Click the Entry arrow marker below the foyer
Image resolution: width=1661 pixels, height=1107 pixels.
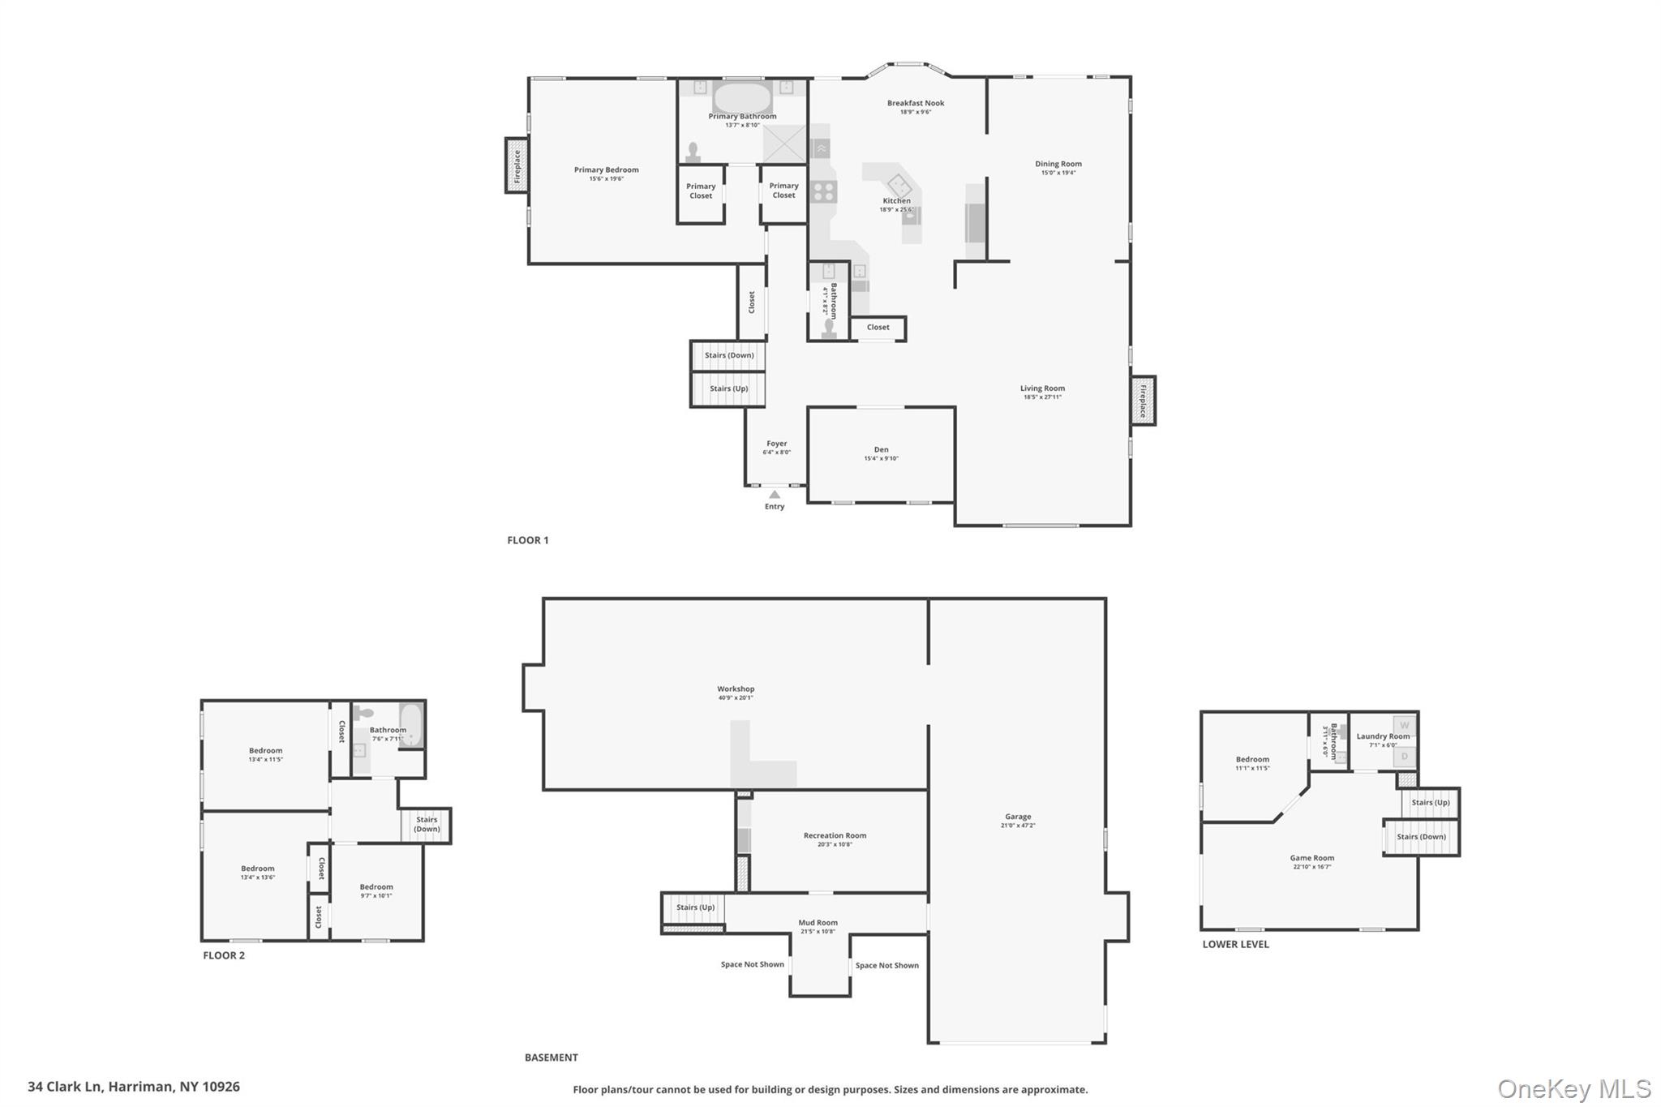point(775,495)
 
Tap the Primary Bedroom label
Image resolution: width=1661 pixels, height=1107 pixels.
point(606,170)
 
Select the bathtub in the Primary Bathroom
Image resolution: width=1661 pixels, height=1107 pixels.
point(742,97)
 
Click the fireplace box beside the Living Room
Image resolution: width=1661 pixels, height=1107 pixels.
point(1143,401)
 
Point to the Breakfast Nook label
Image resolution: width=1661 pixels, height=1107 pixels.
point(915,104)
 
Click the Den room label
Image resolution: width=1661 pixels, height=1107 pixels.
point(881,450)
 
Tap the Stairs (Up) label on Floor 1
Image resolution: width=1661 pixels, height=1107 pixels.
point(728,389)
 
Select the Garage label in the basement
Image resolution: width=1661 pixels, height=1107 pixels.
point(1018,817)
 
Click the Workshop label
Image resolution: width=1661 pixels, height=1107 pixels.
point(735,689)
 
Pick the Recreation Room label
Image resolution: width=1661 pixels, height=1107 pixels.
point(835,836)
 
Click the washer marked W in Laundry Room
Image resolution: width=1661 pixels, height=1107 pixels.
point(1405,725)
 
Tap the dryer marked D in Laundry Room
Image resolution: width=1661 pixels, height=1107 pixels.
point(1405,757)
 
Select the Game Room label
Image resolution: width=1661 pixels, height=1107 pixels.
point(1311,858)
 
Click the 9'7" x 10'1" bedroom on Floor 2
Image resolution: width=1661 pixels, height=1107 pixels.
point(376,888)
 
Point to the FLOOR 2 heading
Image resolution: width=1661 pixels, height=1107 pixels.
point(224,955)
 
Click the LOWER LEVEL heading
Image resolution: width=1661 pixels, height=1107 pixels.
point(1235,944)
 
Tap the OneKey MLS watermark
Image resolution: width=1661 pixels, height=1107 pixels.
point(1573,1088)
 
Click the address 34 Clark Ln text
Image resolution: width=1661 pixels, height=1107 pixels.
point(134,1087)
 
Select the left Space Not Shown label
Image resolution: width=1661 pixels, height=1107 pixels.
point(752,964)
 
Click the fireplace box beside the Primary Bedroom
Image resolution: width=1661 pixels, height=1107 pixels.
point(517,165)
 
